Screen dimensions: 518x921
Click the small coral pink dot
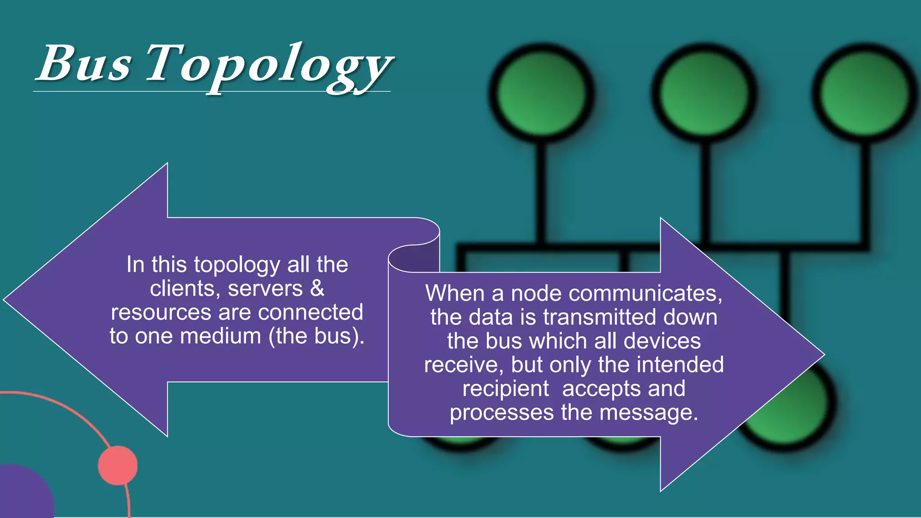(118, 465)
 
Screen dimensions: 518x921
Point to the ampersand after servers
(317, 289)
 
